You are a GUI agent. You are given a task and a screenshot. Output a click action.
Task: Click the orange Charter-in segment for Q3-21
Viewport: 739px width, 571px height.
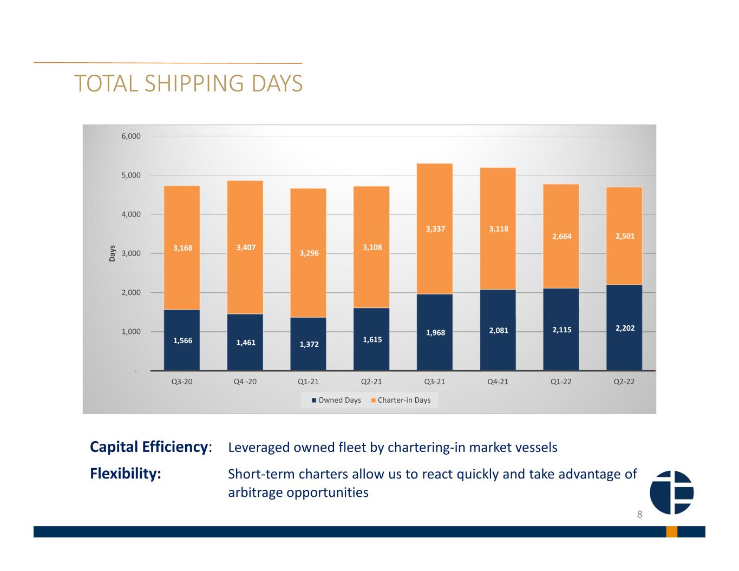[434, 229]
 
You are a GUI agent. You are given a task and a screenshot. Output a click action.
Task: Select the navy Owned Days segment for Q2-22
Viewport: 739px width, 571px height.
[624, 327]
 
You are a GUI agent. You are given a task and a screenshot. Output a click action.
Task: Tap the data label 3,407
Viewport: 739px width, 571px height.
[246, 247]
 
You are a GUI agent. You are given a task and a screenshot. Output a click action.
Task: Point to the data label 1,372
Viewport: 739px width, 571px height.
[309, 344]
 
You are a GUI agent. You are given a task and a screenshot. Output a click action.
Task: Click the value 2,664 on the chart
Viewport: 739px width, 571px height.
[561, 236]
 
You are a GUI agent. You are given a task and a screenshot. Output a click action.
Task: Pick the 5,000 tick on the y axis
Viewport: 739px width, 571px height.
[131, 175]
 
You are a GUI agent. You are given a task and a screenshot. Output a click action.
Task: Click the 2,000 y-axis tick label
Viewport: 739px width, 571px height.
[131, 293]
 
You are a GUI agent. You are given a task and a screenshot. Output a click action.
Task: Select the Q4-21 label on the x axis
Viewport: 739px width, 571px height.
[498, 382]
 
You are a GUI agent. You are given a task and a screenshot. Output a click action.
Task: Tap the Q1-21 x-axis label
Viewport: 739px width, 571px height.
[308, 382]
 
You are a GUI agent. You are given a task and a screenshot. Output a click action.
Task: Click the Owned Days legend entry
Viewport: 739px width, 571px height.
[336, 400]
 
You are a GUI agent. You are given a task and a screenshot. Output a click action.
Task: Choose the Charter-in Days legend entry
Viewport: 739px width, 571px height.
[401, 400]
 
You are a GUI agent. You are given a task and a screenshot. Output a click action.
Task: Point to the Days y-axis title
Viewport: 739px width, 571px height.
[112, 253]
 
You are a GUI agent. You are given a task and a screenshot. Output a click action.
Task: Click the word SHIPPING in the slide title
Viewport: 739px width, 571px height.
[194, 83]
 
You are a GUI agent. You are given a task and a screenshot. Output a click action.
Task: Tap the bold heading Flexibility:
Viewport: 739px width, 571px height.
[126, 474]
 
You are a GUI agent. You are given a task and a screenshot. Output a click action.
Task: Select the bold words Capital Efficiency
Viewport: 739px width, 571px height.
[149, 447]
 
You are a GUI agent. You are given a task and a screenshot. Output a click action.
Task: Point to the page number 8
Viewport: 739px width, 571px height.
[639, 514]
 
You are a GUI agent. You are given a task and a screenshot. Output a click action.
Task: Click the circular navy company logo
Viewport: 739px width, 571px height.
[671, 493]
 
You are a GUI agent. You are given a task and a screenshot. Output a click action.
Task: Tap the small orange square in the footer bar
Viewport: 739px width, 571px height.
[671, 531]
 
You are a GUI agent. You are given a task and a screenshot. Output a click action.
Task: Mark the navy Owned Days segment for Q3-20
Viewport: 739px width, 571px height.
[181, 340]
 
